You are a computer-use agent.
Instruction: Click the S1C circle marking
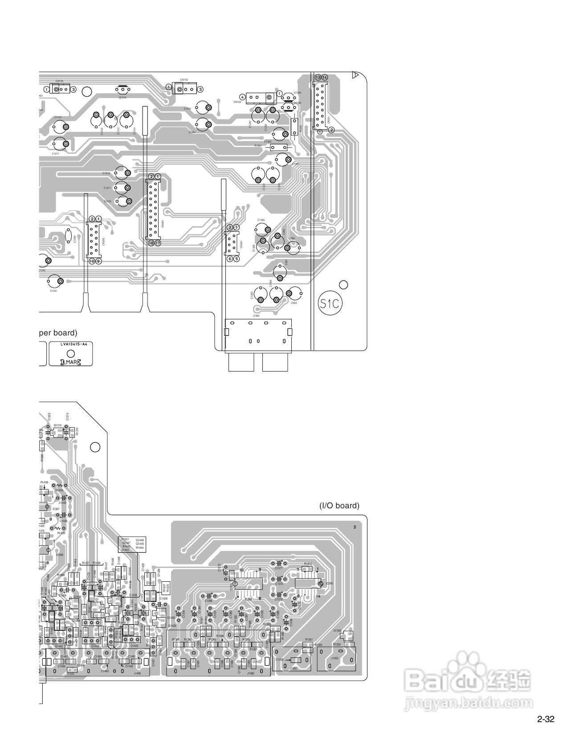(330, 304)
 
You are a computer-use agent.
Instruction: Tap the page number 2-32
(546, 719)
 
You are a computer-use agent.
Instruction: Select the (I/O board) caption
(339, 506)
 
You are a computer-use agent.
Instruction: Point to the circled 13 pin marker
(318, 77)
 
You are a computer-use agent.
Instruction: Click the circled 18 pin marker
(151, 243)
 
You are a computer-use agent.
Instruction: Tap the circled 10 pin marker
(92, 261)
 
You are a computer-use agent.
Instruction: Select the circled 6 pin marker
(230, 259)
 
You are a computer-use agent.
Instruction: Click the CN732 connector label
(184, 80)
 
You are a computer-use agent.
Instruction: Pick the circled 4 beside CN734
(242, 97)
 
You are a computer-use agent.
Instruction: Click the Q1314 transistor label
(123, 97)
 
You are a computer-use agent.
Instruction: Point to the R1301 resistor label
(258, 146)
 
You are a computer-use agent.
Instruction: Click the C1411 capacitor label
(55, 153)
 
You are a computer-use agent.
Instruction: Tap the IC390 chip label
(329, 583)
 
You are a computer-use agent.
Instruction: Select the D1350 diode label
(337, 630)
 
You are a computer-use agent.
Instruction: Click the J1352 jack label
(335, 658)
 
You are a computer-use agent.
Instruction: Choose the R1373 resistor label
(308, 564)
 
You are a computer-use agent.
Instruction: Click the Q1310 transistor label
(57, 425)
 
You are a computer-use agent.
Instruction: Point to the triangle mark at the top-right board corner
(355, 75)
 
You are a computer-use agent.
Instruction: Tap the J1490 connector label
(137, 674)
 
